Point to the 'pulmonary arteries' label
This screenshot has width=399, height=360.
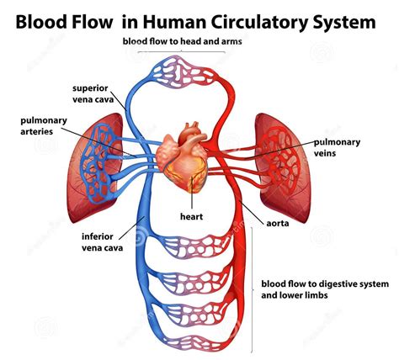(x=44, y=125)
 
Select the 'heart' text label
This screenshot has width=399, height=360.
(x=191, y=216)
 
